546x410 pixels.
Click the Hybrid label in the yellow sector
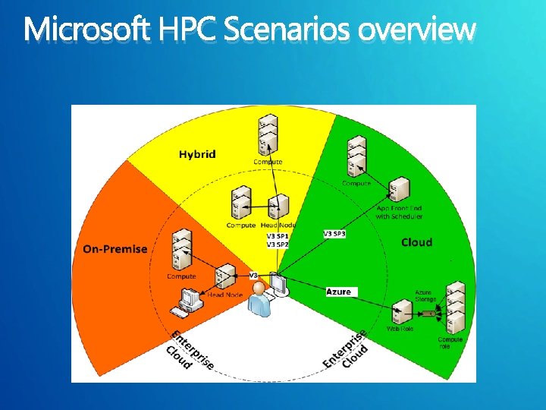197,154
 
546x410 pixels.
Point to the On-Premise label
115,249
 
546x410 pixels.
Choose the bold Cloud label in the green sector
416,242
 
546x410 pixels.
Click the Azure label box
339,292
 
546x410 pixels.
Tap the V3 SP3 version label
334,234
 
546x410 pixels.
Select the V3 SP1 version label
277,236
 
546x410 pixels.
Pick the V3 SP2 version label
277,244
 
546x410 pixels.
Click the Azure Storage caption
425,296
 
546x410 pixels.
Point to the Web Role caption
400,329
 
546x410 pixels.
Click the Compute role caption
450,343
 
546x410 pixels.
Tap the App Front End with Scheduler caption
399,212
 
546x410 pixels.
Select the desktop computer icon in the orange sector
187,301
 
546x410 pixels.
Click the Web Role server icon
400,312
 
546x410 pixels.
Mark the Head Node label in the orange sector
225,295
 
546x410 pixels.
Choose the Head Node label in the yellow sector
278,225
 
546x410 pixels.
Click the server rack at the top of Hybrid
267,134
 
